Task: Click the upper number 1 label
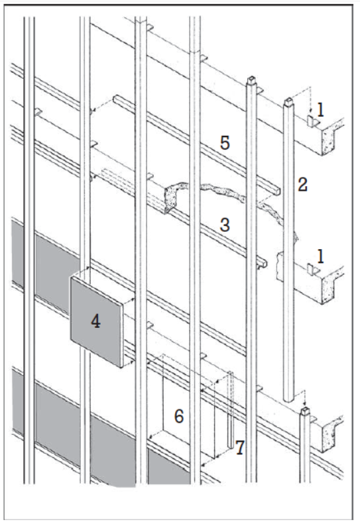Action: tap(320, 111)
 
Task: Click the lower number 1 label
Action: tap(320, 256)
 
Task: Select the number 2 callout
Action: tap(302, 185)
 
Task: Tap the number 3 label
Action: tap(225, 225)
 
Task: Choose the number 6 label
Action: tap(179, 415)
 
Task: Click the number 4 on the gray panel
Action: tap(95, 323)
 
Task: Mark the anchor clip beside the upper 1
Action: tap(309, 121)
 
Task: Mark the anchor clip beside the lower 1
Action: tap(309, 268)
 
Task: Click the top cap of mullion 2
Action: tap(288, 103)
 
